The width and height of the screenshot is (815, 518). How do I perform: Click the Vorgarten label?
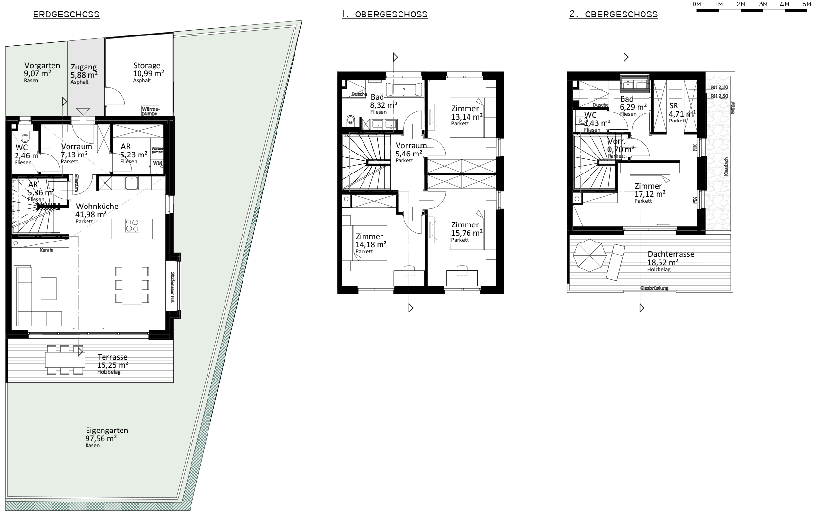tap(42, 66)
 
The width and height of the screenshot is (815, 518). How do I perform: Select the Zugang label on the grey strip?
tap(84, 67)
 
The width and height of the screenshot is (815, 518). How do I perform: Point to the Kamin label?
tap(47, 251)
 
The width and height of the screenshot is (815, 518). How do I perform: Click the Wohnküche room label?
tap(97, 206)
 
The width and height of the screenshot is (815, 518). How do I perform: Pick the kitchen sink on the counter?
tap(130, 183)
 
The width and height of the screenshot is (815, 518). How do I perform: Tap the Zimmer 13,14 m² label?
tap(466, 109)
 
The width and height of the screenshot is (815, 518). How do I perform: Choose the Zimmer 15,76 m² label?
tap(466, 224)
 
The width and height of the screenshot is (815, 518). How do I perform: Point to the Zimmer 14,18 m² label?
tap(369, 237)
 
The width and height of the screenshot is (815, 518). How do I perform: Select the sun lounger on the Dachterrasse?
tap(615, 261)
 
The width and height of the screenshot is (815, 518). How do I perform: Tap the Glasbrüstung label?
tap(654, 288)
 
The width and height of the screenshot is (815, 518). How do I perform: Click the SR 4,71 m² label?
tap(674, 105)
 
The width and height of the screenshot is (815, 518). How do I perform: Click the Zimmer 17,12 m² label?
tap(648, 186)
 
